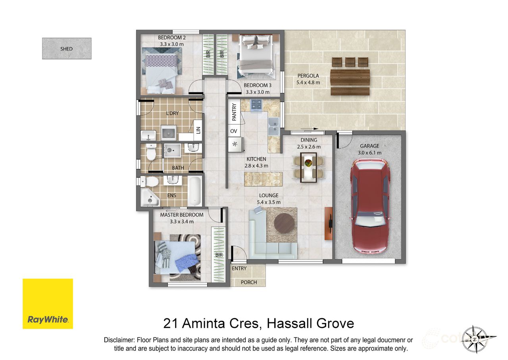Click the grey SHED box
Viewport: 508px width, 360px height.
click(x=67, y=48)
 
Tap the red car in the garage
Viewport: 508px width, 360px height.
click(x=369, y=206)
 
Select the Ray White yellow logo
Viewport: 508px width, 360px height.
click(x=48, y=304)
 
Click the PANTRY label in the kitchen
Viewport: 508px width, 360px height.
click(x=234, y=112)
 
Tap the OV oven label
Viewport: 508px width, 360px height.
click(x=233, y=131)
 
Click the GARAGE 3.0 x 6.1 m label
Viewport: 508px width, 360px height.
click(x=369, y=149)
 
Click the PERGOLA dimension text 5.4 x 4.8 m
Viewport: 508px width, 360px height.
click(x=308, y=83)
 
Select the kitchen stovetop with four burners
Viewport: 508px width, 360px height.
click(x=256, y=105)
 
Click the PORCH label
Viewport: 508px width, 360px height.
click(x=249, y=282)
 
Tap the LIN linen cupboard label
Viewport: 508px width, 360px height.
click(x=198, y=129)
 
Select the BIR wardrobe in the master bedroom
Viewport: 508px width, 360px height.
click(x=218, y=254)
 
